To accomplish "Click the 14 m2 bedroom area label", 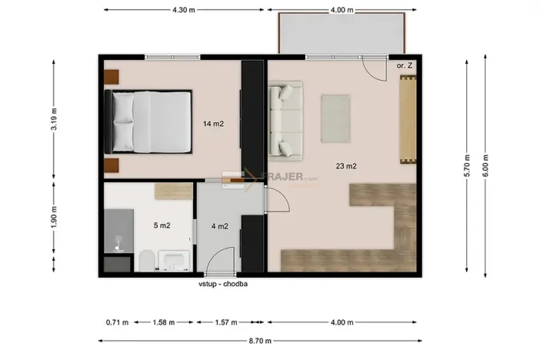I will (213, 123).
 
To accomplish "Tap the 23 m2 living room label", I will (345, 165).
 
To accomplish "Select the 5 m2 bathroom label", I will (162, 225).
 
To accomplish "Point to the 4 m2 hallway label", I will (219, 226).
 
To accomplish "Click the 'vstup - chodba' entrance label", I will (222, 283).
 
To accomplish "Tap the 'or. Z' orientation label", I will (405, 67).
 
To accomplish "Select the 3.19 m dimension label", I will (54, 122).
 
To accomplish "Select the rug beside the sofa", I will (335, 118).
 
